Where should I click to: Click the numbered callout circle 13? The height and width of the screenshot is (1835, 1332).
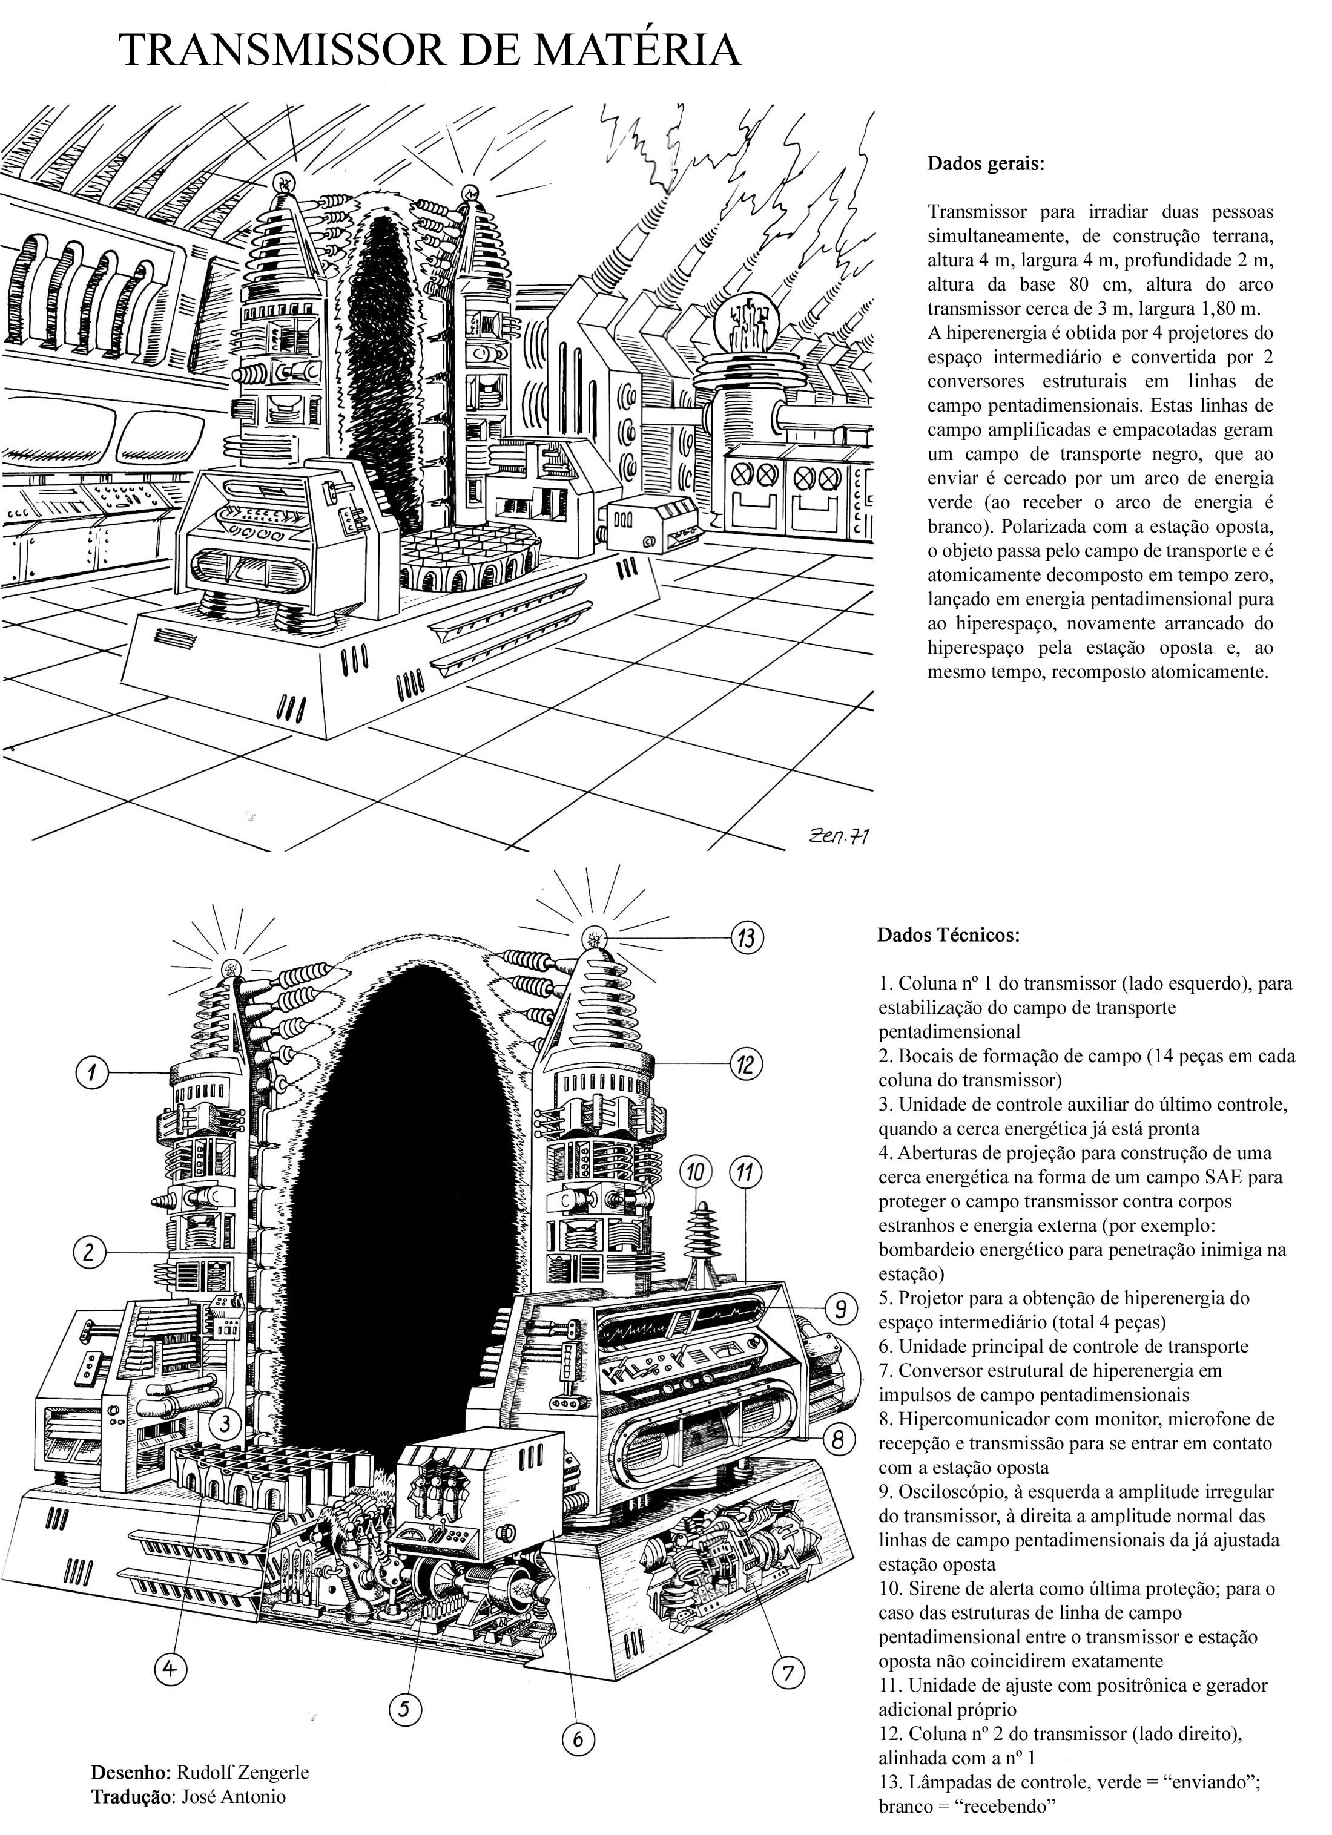pyautogui.click(x=748, y=937)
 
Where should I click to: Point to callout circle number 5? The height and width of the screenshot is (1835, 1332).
pyautogui.click(x=407, y=1710)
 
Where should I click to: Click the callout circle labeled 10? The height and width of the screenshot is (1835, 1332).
pyautogui.click(x=696, y=1170)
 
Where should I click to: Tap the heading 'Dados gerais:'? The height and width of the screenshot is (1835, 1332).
pyautogui.click(x=986, y=164)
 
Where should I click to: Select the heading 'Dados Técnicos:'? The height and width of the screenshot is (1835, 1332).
pyautogui.click(x=948, y=935)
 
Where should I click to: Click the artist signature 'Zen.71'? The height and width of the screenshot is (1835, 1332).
pyautogui.click(x=837, y=838)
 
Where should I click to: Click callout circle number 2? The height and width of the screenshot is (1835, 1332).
pyautogui.click(x=89, y=1253)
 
